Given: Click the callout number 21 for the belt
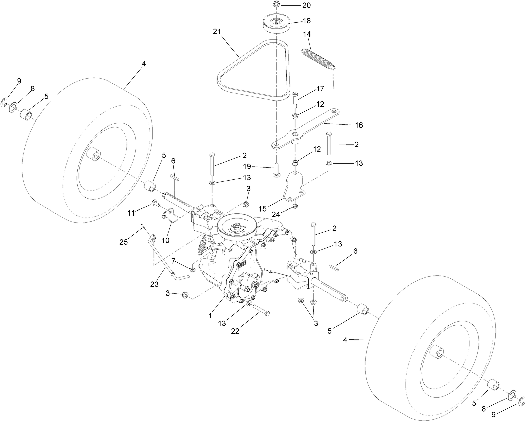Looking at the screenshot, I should pos(217,32).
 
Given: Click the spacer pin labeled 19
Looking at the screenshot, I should pos(277,169).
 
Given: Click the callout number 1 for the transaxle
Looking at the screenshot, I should pos(210,315).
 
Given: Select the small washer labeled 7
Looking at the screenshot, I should pos(193,269).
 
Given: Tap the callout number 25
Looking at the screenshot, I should pos(124,242).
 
